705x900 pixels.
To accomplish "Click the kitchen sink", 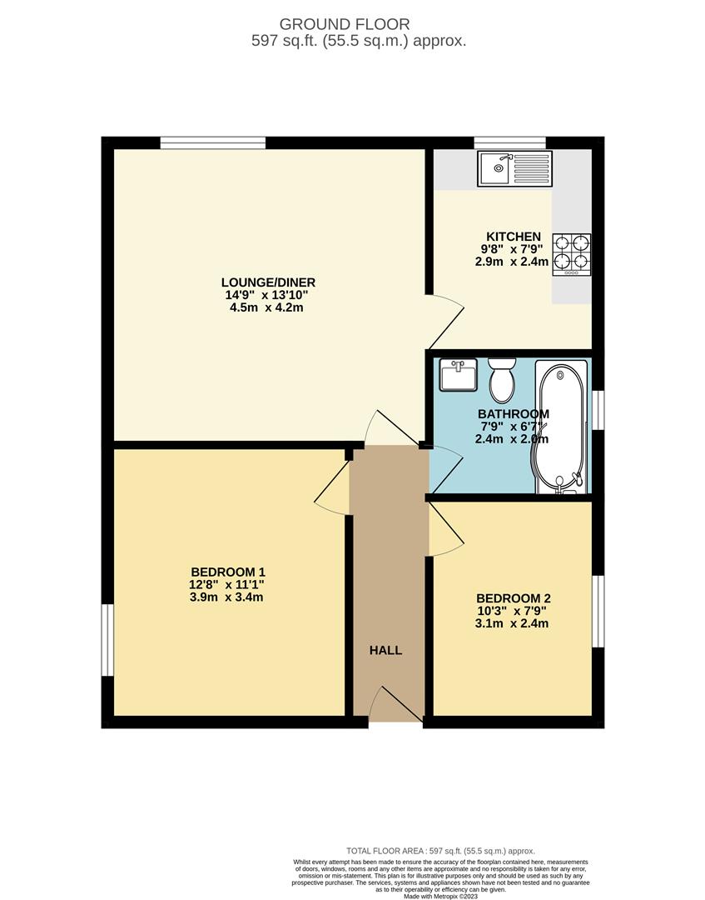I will coord(514,168).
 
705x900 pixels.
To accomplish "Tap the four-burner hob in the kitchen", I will coord(572,254).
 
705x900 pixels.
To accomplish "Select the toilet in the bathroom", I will coord(502,381).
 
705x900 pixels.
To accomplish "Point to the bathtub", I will coord(560,426).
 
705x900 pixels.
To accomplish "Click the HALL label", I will coord(386,650).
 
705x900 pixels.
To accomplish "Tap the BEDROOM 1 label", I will coord(228,572).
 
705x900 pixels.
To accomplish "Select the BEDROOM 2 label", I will coord(513,598).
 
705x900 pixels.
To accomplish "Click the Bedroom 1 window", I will coord(107,640).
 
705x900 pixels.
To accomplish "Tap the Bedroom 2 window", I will coord(598,610).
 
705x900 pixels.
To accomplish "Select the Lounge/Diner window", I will coord(213,142).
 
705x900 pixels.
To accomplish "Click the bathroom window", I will coord(598,409).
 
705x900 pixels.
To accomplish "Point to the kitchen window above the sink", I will coord(509,142).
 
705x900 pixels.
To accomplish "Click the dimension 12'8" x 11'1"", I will coord(228,584).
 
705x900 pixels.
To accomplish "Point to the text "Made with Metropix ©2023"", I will coord(440,896).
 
